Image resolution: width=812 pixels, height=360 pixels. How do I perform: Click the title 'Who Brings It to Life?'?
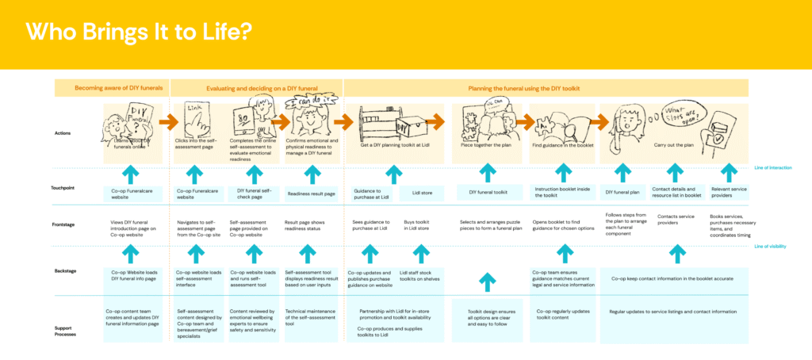pyautogui.click(x=140, y=33)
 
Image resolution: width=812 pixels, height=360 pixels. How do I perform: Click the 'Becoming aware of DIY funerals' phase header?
pyautogui.click(x=111, y=89)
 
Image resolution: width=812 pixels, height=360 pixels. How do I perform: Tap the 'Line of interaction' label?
pyautogui.click(x=770, y=167)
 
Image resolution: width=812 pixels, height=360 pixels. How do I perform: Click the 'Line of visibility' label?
pyautogui.click(x=770, y=247)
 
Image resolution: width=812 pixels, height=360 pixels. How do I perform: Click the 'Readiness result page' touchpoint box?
pyautogui.click(x=312, y=193)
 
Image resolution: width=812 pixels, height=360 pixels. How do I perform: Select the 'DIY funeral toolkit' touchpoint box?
pyautogui.click(x=488, y=193)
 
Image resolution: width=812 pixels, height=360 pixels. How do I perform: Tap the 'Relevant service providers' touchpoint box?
pyautogui.click(x=726, y=193)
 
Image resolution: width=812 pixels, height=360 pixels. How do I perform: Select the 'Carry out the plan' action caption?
pyautogui.click(x=676, y=146)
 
